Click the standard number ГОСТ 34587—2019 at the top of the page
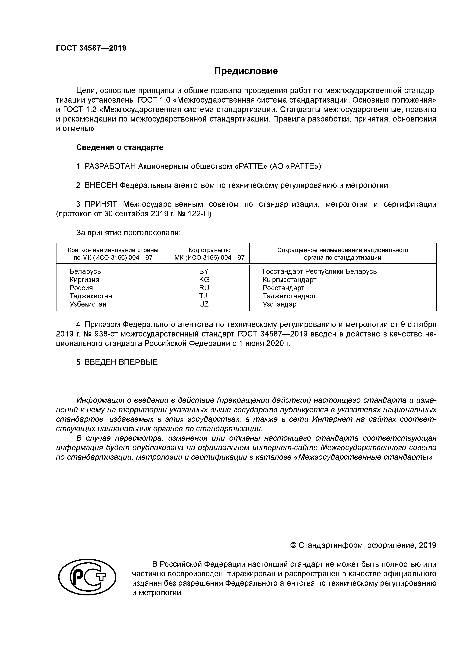point(91,48)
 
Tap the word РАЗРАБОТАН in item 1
point(110,167)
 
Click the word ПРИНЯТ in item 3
point(101,205)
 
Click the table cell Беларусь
point(85,271)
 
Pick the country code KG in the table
point(204,280)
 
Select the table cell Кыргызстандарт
point(289,280)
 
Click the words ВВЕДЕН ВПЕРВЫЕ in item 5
point(121,362)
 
